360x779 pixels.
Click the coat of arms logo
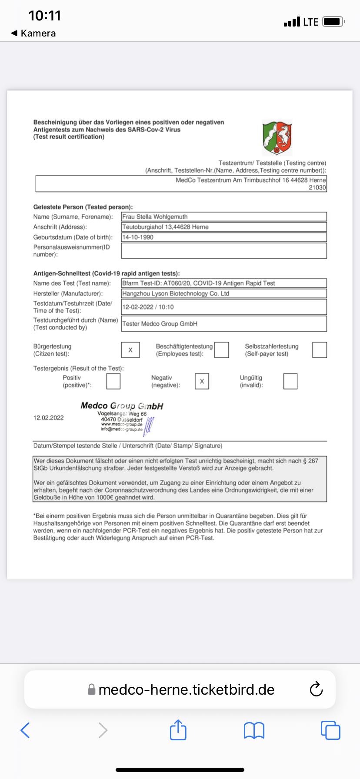277,138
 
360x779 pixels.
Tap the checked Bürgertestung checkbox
130,350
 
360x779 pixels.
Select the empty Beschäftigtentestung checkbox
222,350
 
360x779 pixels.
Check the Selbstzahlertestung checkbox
320,350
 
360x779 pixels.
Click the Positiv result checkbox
113,381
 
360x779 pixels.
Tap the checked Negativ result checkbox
202,381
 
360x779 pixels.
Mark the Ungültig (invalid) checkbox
290,381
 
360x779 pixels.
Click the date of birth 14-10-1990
138,237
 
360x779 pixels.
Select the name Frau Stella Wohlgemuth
155,216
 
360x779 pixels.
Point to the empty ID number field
224,251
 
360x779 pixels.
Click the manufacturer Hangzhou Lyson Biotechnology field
176,293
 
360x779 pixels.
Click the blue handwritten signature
149,426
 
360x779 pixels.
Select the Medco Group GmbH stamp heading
122,406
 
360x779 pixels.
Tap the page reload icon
316,689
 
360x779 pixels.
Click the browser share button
178,730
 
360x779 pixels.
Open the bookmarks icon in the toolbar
254,730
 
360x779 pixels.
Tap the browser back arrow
25,730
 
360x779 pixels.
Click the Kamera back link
33,33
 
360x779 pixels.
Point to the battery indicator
333,21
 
